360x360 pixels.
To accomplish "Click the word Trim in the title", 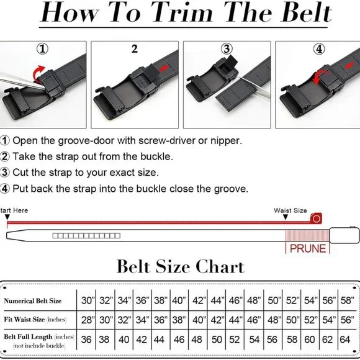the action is (184, 12).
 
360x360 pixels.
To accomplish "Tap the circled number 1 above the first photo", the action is (43, 49).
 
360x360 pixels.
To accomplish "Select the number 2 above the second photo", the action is (135, 49).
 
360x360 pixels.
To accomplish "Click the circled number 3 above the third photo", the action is (227, 49).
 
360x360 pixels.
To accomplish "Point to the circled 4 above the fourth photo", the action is (319, 49).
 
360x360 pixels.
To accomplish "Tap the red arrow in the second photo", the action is (163, 68).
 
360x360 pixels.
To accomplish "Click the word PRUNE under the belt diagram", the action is (308, 249).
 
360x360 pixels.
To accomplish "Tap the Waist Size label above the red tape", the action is (290, 210).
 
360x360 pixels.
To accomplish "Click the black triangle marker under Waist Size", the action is (286, 217).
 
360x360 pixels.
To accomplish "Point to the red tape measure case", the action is (316, 218).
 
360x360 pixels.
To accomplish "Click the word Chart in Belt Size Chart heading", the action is (220, 266).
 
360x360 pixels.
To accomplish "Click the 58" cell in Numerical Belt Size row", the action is (347, 300).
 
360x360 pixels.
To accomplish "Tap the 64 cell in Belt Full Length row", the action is (345, 340).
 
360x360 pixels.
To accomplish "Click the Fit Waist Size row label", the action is (35, 320).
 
